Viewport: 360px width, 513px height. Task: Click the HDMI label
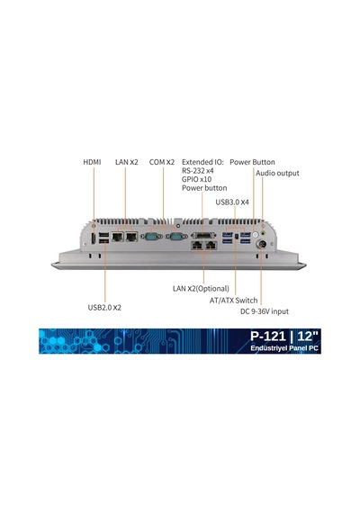coord(92,162)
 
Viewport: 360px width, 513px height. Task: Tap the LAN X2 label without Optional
coord(127,162)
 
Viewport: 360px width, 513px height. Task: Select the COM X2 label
coord(162,162)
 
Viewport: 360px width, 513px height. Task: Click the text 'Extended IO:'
coord(202,162)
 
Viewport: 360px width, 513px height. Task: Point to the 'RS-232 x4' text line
coord(198,170)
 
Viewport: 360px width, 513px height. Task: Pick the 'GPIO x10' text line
coord(197,179)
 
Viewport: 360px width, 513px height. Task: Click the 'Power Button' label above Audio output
coord(252,162)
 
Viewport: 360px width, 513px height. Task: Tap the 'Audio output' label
coord(277,173)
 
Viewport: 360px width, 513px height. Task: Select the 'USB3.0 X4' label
coord(232,202)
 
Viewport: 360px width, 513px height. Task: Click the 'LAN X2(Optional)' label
coord(201,289)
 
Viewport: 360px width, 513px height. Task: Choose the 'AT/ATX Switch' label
coord(234,301)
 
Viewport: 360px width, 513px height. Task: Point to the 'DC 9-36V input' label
coord(265,311)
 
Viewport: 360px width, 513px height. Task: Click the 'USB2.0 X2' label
coord(104,308)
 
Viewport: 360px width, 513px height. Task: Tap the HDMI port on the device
coord(94,238)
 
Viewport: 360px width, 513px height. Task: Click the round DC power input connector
coord(262,244)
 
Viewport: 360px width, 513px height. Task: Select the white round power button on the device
coord(256,234)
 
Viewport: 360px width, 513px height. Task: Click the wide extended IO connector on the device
coord(203,235)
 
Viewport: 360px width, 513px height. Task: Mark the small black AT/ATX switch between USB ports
coord(237,236)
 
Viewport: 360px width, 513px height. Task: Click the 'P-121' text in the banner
coord(268,336)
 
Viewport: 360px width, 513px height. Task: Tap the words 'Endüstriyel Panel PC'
coord(284,348)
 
